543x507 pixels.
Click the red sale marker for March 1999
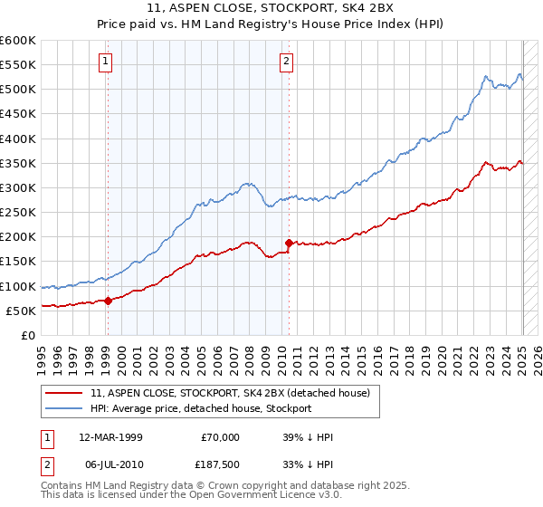[x=108, y=301]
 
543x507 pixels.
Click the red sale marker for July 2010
[x=289, y=243]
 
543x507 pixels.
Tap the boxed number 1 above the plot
[x=106, y=62]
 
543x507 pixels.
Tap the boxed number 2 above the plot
[x=286, y=62]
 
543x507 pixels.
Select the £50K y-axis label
[x=21, y=311]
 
